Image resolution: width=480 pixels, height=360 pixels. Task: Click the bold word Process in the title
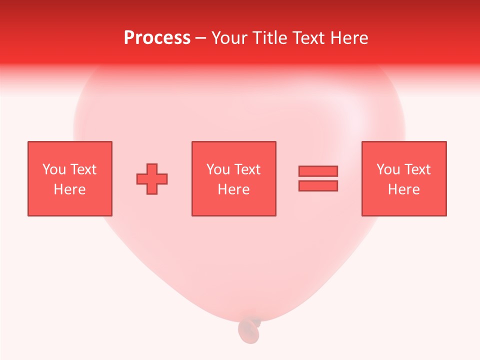pos(157,38)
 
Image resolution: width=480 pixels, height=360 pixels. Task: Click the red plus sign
pos(152,179)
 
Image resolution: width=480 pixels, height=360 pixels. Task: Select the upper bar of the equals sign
pos(318,171)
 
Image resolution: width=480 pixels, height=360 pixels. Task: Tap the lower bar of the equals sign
pos(318,186)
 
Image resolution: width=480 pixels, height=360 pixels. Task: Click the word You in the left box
pos(53,169)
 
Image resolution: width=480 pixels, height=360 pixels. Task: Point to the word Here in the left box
pos(69,189)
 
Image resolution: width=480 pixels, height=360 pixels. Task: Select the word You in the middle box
pos(218,169)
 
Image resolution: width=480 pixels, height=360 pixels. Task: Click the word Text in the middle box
pos(247,169)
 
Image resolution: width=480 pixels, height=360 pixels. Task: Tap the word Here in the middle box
pos(234,189)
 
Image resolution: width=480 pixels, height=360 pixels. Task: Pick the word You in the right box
pos(388,169)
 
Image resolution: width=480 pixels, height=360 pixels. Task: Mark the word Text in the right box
pos(417,169)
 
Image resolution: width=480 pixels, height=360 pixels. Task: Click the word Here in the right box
pos(404,189)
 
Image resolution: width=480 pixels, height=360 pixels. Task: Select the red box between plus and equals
pos(234,205)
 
